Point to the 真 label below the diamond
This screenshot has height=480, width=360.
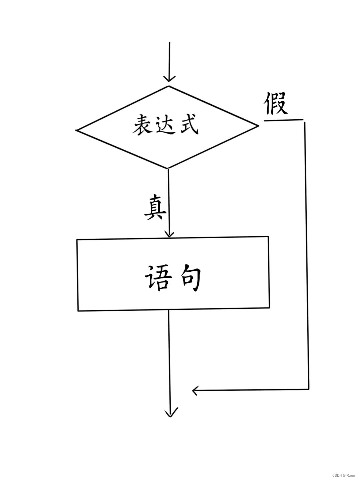(x=155, y=208)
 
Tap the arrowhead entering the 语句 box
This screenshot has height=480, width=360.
(x=170, y=234)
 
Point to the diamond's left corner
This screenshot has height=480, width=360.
(x=77, y=130)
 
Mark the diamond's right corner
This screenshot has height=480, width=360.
(x=258, y=126)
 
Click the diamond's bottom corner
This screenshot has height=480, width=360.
(x=167, y=168)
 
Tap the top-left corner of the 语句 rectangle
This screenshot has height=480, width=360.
(x=77, y=240)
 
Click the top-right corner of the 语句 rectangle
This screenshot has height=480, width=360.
(x=268, y=237)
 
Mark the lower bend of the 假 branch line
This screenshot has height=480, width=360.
(x=309, y=389)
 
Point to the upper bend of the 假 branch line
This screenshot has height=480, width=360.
(x=304, y=120)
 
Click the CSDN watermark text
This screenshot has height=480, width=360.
(x=343, y=475)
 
